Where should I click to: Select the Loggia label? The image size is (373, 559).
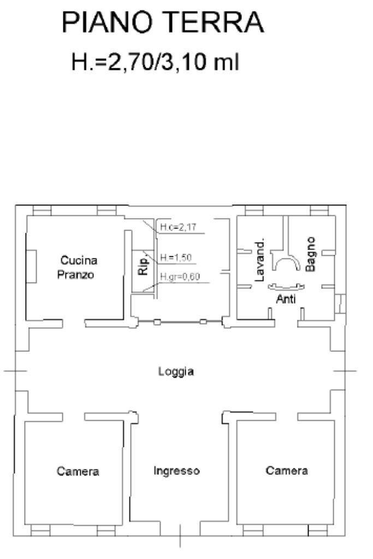(176, 372)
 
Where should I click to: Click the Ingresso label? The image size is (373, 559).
(176, 470)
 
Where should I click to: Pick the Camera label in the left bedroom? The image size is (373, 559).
(78, 471)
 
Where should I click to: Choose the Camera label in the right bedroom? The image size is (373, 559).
(287, 470)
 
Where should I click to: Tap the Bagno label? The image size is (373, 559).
(310, 254)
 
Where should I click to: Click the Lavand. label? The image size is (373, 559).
(260, 259)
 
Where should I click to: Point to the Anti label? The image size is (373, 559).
(286, 299)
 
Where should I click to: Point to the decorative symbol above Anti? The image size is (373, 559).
(285, 285)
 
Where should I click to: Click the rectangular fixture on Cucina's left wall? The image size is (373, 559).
(32, 266)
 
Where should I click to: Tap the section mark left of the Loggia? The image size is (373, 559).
(15, 372)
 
